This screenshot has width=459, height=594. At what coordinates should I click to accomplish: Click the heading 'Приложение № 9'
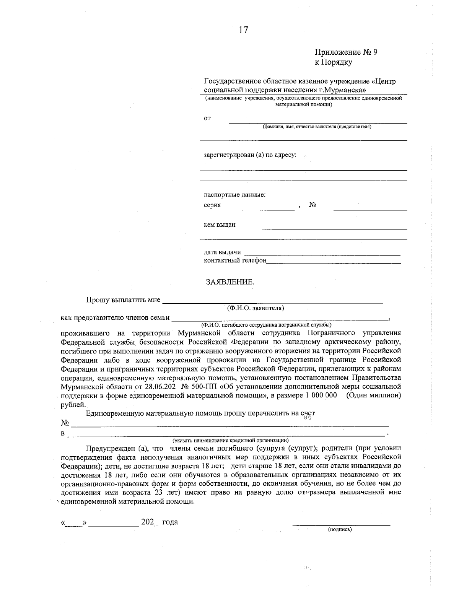(346, 52)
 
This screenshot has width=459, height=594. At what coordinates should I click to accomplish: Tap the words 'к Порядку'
(333, 62)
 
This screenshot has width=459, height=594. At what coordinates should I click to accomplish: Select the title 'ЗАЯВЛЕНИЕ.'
(230, 282)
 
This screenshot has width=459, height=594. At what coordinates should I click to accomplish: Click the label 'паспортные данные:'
(234, 195)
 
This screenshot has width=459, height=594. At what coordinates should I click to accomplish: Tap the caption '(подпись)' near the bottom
(340, 529)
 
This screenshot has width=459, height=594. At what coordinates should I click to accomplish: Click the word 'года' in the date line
(170, 522)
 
